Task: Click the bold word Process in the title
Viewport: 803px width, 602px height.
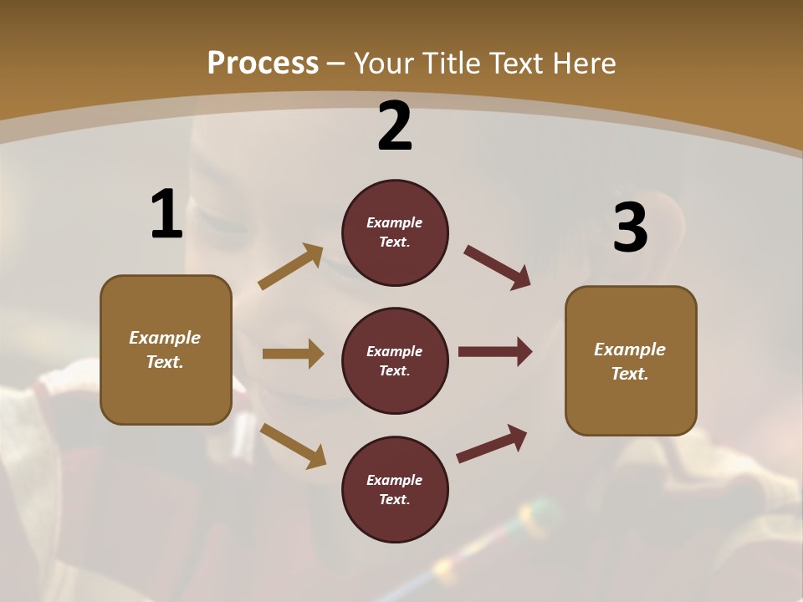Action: tap(263, 64)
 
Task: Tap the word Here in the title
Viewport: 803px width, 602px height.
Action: tap(583, 64)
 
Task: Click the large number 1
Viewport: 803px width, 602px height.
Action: tap(166, 215)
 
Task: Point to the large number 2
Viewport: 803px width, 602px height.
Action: tap(395, 126)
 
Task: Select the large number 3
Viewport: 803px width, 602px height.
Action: tap(630, 227)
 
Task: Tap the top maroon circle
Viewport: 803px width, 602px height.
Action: tap(395, 232)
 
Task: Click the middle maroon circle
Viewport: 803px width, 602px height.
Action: tap(395, 361)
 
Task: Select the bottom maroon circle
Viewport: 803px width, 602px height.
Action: tap(395, 490)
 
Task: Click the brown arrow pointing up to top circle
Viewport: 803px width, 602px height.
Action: tap(290, 267)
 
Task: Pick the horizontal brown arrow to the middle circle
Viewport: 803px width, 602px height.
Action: tap(293, 354)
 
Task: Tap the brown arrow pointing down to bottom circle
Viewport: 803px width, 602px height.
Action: tap(293, 446)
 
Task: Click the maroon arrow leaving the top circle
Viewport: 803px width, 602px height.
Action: tap(497, 268)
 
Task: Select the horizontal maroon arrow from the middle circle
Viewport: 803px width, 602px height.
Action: tap(494, 352)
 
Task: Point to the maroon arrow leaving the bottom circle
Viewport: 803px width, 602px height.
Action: tap(492, 444)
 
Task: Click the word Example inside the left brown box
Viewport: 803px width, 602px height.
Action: tap(165, 338)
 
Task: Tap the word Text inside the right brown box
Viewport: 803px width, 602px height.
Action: tap(629, 374)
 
